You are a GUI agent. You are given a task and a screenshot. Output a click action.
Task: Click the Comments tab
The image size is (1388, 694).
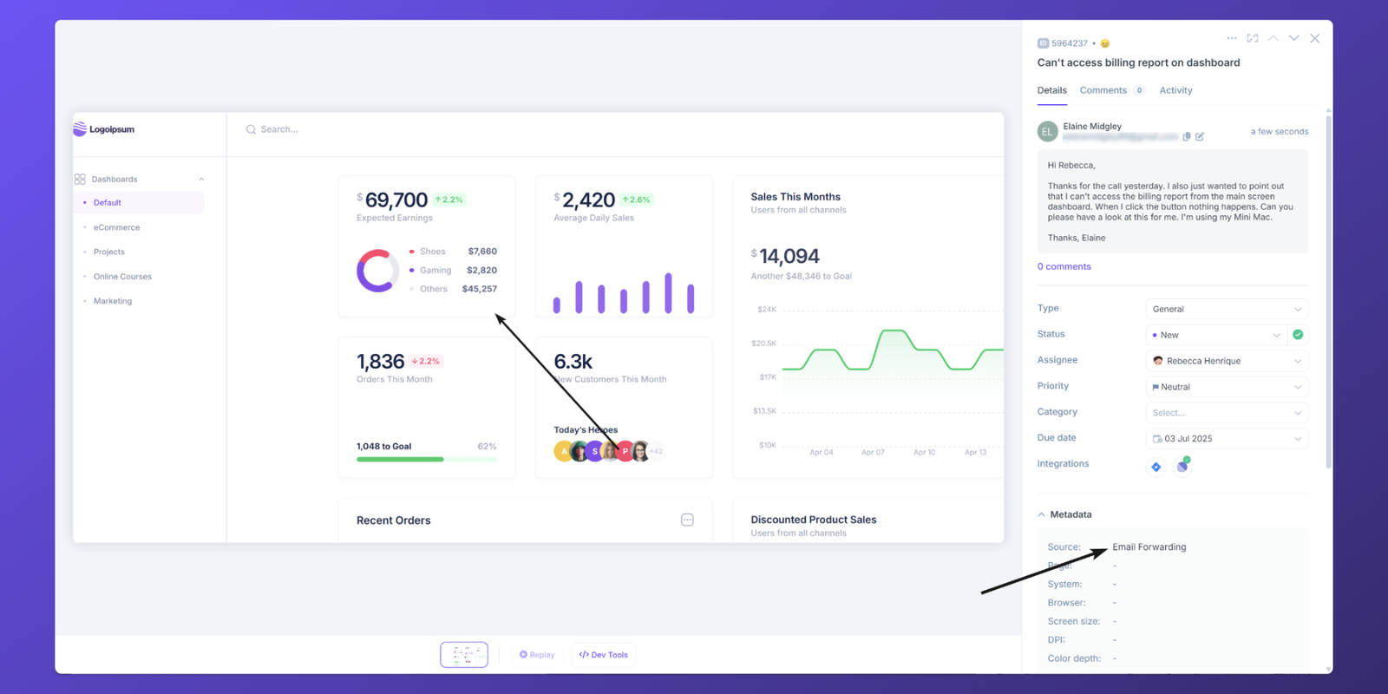1103,90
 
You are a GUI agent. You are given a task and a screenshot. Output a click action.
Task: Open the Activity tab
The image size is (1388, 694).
1175,90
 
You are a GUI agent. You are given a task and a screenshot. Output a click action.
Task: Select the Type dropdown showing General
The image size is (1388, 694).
1226,309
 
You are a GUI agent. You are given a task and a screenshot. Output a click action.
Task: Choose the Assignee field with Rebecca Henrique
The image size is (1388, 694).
1226,361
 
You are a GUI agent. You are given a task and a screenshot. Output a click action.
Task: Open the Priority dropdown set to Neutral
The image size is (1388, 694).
1226,387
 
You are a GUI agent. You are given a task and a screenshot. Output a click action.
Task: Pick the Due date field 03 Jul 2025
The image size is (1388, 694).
1226,439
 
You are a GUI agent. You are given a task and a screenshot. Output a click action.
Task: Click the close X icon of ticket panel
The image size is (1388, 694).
1315,38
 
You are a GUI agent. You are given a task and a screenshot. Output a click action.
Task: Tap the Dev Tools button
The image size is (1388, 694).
604,655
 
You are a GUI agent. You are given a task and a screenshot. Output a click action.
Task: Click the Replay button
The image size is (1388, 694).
537,655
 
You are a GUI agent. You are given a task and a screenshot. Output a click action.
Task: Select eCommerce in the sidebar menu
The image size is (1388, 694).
116,227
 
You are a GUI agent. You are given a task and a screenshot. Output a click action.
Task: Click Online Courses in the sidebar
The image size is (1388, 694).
122,277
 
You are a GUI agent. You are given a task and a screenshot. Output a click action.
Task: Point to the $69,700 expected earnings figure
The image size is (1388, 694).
396,200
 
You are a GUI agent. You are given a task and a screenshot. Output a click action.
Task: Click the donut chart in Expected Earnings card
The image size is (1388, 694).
377,271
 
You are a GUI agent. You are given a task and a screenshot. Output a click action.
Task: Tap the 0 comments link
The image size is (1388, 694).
1064,266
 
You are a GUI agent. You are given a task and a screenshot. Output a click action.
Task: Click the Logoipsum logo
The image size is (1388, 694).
104,129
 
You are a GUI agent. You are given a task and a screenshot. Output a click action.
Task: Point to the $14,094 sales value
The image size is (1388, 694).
789,257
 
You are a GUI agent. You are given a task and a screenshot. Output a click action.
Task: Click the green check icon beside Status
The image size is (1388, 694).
1298,335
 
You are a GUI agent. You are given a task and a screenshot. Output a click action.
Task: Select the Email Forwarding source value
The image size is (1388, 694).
1149,547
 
